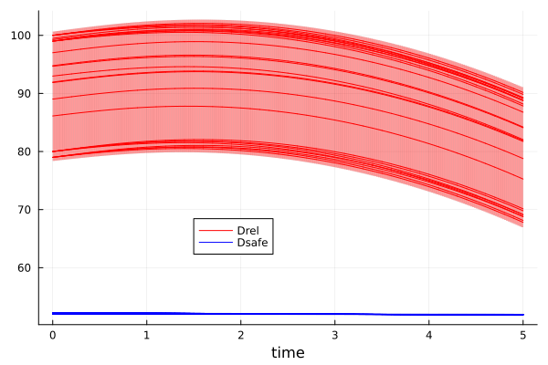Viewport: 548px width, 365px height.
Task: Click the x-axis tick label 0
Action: pos(52,335)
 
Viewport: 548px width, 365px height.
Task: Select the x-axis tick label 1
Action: pos(146,335)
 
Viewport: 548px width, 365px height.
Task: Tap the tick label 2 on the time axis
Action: pos(240,335)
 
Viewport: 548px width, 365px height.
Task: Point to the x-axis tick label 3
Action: pos(334,335)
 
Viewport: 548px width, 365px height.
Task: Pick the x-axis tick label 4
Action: pos(429,335)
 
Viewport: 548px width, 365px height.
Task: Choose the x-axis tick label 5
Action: pos(523,335)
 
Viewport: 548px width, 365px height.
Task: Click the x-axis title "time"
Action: pos(287,352)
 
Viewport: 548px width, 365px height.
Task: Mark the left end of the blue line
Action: pos(53,313)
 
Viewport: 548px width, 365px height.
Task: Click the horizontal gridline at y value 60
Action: pos(365,267)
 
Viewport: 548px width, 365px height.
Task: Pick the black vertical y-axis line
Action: pos(38,182)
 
